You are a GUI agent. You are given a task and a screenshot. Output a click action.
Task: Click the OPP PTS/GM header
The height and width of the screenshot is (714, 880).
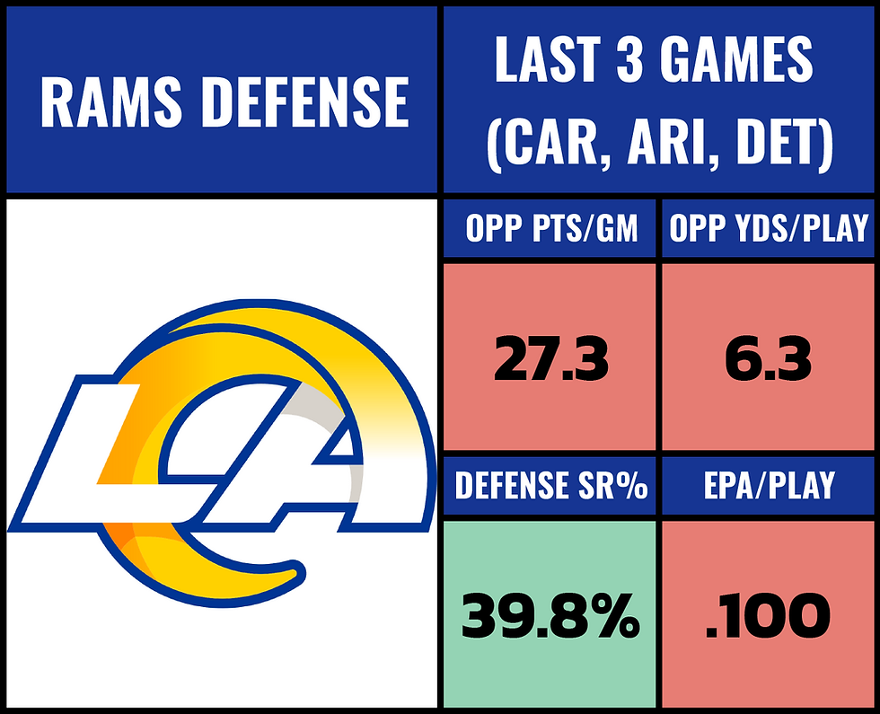(551, 231)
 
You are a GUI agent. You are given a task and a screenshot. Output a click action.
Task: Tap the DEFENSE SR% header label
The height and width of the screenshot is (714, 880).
(551, 486)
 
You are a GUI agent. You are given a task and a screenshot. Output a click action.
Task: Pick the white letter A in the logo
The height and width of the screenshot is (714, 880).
(296, 467)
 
